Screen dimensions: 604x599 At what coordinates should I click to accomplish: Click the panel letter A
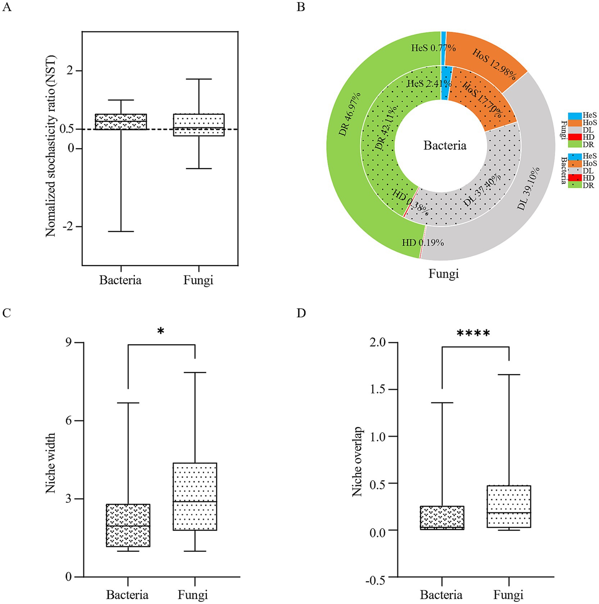6,7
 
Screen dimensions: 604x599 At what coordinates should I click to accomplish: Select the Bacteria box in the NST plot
121,122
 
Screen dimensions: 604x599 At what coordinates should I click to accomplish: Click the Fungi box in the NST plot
199,125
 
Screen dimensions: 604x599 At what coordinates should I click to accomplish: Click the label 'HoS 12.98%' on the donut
494,64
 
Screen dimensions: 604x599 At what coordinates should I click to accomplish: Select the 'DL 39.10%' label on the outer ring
528,188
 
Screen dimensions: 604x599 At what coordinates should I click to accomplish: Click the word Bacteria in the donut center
445,146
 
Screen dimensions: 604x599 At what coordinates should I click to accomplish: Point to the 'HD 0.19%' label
423,243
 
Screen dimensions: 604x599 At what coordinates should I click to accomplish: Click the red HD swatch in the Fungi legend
575,137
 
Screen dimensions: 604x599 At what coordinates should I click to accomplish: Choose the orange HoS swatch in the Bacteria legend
575,164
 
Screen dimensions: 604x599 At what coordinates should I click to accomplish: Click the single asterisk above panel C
161,331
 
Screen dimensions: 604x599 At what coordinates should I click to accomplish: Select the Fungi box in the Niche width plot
195,496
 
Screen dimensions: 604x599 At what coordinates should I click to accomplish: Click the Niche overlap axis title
357,462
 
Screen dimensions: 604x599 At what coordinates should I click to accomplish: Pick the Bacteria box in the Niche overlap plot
442,518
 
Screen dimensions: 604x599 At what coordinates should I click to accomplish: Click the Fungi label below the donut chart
443,274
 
